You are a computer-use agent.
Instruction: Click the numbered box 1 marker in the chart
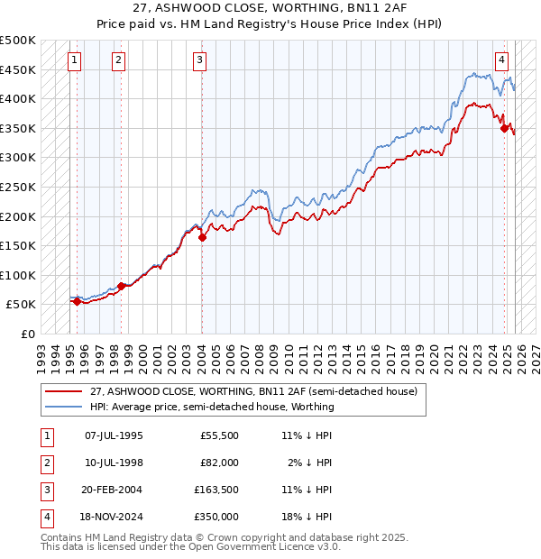(74, 60)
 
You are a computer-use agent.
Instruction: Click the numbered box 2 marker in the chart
(119, 60)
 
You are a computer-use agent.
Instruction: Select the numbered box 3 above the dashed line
(199, 60)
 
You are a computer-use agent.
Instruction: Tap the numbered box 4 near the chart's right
(501, 60)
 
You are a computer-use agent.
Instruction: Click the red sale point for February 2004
(202, 238)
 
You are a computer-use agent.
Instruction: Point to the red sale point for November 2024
(504, 128)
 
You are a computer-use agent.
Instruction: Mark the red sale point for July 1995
(77, 302)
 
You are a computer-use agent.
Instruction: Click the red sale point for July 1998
(121, 286)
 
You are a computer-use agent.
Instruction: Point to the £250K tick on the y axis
(18, 187)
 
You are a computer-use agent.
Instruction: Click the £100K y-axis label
(18, 275)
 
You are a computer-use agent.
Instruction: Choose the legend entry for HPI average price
(212, 407)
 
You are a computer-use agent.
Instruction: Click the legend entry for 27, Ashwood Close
(253, 392)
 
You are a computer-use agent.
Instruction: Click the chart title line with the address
(270, 7)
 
